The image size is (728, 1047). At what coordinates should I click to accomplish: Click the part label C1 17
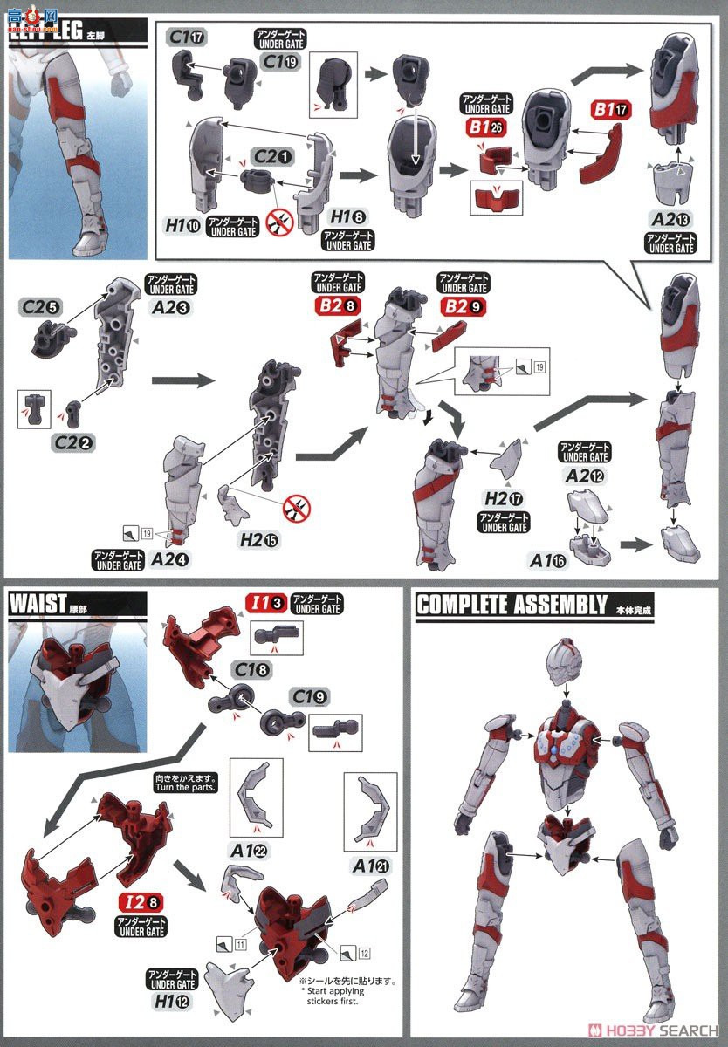[x=187, y=37]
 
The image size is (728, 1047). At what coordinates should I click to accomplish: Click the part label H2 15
[x=259, y=539]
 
